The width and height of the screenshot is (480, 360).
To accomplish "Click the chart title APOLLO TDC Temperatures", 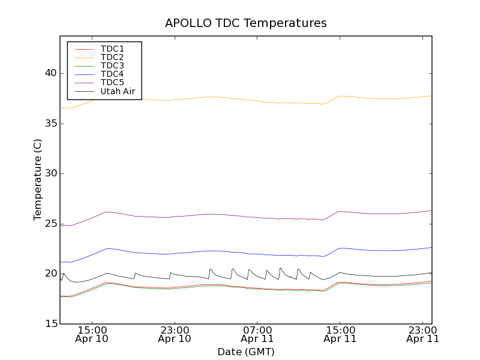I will point(246,23).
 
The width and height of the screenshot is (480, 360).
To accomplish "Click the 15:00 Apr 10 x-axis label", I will point(92,334).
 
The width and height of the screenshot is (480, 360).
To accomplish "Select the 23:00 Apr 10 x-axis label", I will point(175,334).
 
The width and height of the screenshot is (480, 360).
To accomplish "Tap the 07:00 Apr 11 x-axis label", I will point(257,334).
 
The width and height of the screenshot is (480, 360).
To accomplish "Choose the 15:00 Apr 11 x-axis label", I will point(340,334).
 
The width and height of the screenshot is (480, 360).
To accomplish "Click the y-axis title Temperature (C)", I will point(38,179).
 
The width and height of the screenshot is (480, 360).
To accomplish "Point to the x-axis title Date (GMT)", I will point(246,352).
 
